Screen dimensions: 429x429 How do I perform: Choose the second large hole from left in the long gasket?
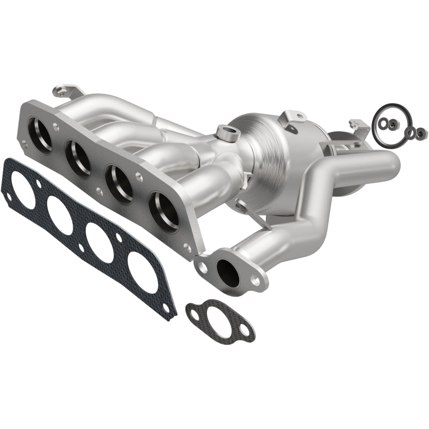click(60, 216)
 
